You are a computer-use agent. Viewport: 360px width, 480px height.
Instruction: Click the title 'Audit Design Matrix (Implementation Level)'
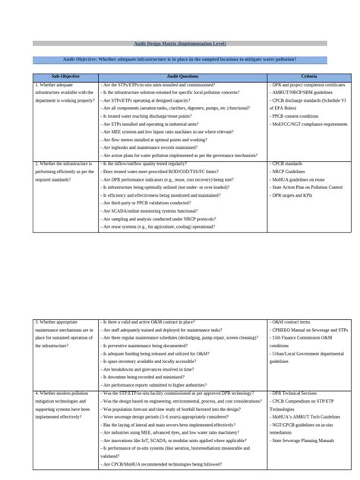[x=179, y=43]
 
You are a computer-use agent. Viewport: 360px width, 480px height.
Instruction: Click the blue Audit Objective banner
[x=179, y=59]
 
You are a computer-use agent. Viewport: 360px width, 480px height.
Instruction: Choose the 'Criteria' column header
[x=309, y=77]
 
